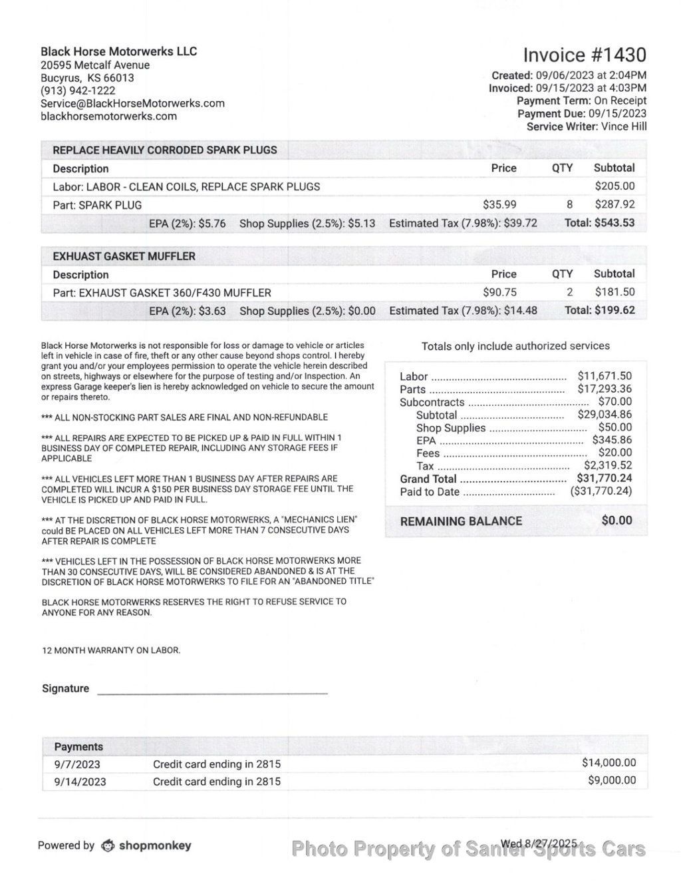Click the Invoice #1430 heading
coord(584,55)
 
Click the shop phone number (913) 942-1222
coord(78,91)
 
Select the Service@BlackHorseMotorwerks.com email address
coord(132,103)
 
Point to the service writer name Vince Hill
coord(623,126)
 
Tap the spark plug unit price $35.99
coord(499,205)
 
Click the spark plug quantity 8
coord(569,205)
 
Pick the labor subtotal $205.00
coord(614,186)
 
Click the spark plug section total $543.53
coord(599,223)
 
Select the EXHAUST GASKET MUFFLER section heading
coord(124,256)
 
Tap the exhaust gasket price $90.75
coord(499,292)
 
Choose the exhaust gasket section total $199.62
coord(599,310)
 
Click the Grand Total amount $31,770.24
coord(605,479)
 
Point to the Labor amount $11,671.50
coord(605,376)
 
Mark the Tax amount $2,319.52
coord(608,466)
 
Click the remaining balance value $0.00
coord(616,521)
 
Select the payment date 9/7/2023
coord(77,764)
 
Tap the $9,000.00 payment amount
coord(612,780)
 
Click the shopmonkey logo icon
coord(108,846)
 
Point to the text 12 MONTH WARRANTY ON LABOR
coord(111,650)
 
